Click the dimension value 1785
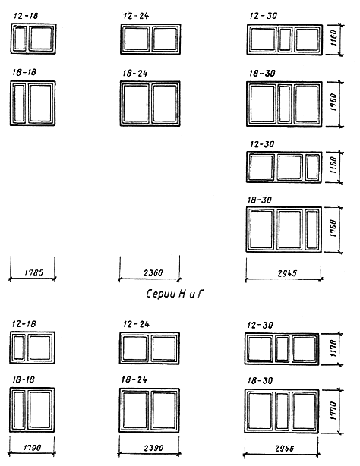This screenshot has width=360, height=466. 33,272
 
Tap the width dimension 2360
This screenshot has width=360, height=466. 153,272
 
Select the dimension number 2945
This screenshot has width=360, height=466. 287,273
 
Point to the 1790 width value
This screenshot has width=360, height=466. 32,447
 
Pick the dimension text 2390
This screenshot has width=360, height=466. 153,448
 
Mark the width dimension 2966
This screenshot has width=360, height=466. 285,449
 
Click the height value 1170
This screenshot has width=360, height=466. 333,348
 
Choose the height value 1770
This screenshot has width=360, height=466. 333,411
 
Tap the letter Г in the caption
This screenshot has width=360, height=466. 201,294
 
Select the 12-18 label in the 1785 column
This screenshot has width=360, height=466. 26,16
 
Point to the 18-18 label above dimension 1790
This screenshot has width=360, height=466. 24,379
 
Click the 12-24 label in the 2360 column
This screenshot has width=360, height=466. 136,16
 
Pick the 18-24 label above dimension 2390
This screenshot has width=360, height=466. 134,379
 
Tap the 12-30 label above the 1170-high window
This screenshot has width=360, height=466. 260,325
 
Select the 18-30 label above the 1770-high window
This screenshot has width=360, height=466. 260,380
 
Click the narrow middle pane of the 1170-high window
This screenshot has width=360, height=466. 282,348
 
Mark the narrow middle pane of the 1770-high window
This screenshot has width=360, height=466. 282,411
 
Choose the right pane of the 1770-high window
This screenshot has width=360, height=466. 304,411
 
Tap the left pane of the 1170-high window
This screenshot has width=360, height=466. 260,348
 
